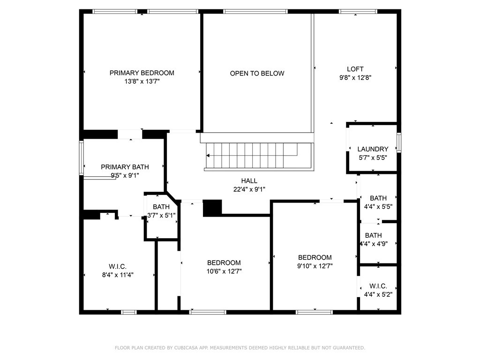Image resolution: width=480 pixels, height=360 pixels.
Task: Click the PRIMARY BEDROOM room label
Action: [x=142, y=73]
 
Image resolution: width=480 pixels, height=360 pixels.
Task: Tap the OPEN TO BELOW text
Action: [x=257, y=74]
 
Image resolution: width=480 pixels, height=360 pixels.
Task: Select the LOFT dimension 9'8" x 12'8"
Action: [x=355, y=78]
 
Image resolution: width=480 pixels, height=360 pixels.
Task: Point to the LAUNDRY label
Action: [x=373, y=149]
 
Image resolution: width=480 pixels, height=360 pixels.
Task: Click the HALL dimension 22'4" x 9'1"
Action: [x=249, y=189]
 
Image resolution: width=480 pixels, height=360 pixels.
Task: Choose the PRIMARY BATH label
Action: [x=125, y=167]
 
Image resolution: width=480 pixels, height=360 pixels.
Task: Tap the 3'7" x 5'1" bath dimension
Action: [x=161, y=216]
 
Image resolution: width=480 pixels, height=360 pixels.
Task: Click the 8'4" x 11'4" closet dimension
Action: [x=118, y=275]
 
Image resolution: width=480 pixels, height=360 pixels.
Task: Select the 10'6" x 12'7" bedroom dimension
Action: [x=224, y=271]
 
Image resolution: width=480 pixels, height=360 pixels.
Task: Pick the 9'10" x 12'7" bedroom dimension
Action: [x=315, y=266]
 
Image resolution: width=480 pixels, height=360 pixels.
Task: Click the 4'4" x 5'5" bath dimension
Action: [x=378, y=207]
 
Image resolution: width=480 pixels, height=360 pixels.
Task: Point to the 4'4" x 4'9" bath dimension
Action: [x=374, y=244]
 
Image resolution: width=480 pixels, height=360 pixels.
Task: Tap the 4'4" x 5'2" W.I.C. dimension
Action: [x=378, y=294]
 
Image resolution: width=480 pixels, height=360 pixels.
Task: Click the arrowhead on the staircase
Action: [x=208, y=156]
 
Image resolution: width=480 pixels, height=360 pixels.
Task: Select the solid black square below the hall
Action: [x=212, y=208]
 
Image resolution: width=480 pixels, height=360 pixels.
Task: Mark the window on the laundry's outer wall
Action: [x=399, y=142]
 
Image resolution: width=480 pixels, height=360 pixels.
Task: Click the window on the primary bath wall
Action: [x=82, y=157]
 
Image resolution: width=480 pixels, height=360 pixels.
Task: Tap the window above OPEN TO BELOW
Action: [x=255, y=12]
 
